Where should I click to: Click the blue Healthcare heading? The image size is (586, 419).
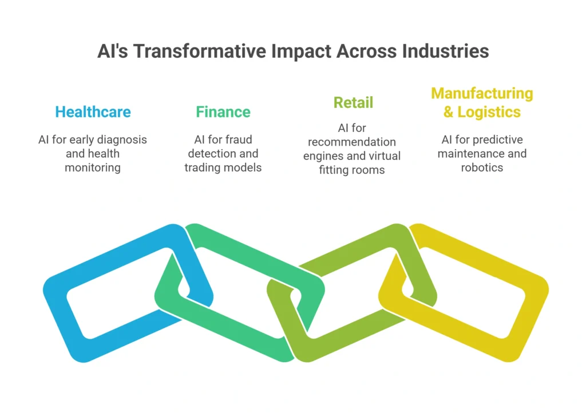[x=93, y=112]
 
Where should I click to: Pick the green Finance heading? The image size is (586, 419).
[x=223, y=112]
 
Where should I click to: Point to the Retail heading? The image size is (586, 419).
[x=353, y=103]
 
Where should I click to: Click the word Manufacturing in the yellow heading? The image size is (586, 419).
[x=482, y=93]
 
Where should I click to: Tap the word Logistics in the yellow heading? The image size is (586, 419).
[x=489, y=112]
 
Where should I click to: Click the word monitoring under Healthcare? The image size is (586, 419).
[x=93, y=168]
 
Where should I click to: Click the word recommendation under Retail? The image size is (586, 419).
[x=352, y=142]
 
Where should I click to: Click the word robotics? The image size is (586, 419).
[x=482, y=167]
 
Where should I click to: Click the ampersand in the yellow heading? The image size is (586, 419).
[x=449, y=112]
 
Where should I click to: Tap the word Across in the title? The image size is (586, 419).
[x=367, y=51]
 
